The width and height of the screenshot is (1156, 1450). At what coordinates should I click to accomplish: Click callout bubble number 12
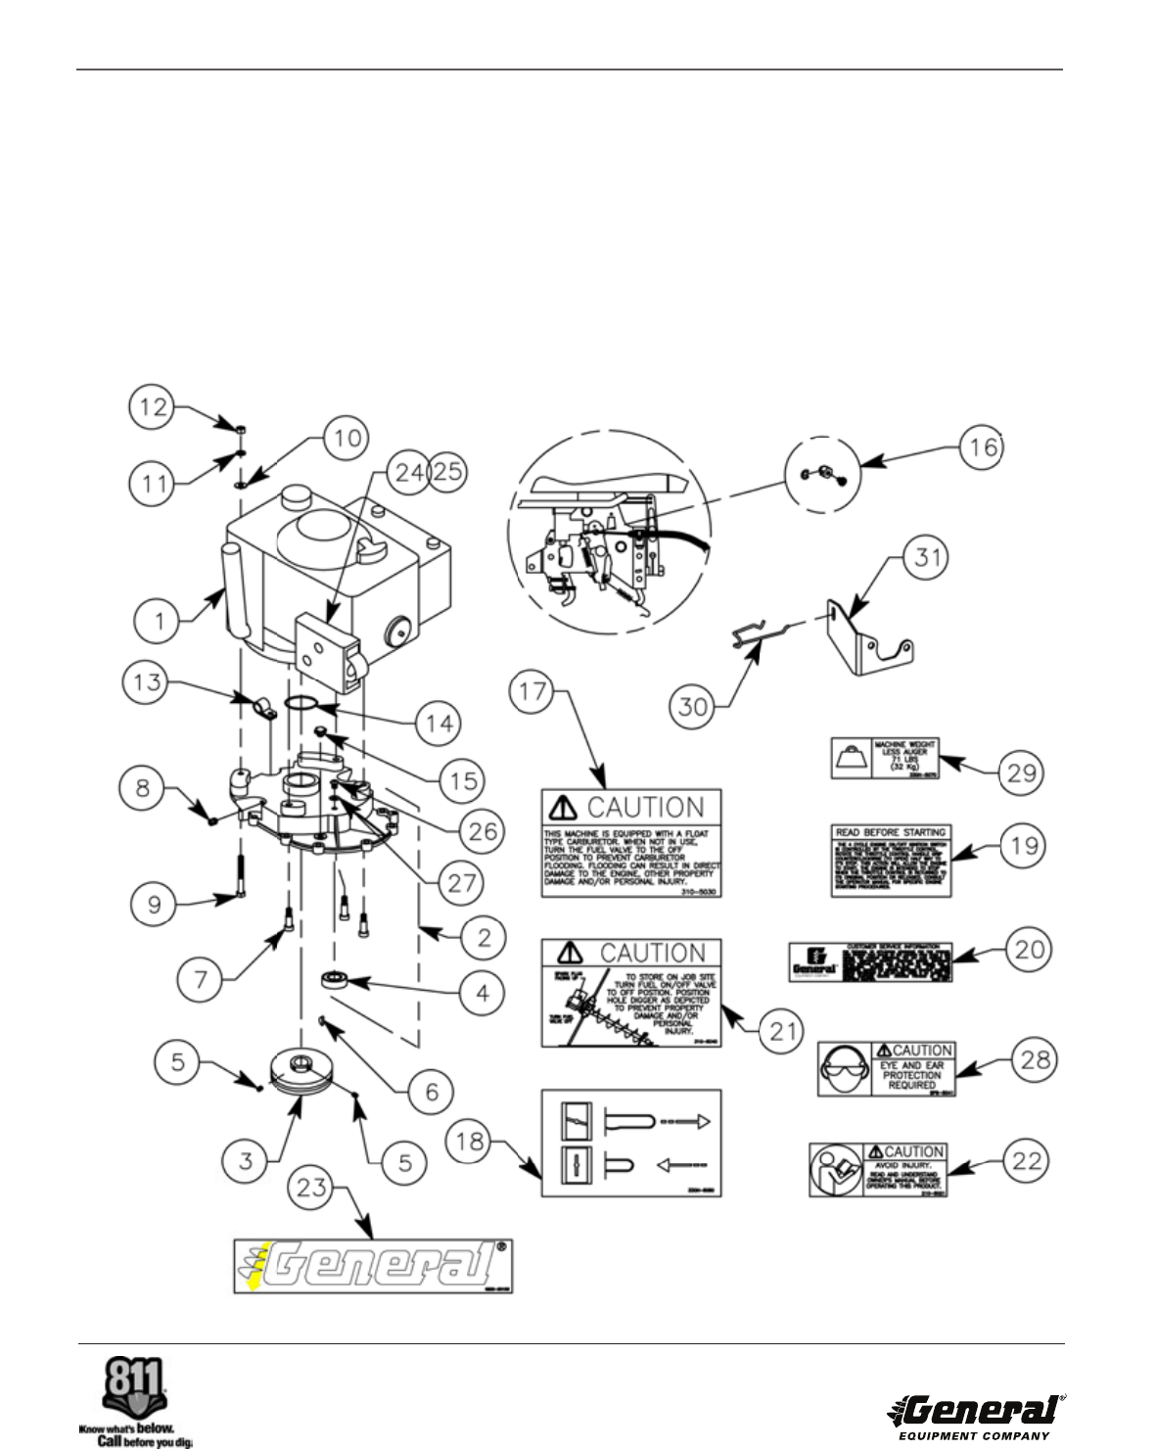point(152,407)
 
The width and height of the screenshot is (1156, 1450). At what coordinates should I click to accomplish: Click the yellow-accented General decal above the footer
point(373,1267)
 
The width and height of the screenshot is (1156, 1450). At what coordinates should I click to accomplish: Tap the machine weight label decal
point(885,759)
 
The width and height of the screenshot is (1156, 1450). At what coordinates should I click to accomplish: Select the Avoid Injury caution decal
point(879,1169)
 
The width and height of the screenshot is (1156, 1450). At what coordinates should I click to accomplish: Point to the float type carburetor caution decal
point(631,843)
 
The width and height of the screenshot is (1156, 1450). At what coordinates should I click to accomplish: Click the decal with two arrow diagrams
point(631,1142)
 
